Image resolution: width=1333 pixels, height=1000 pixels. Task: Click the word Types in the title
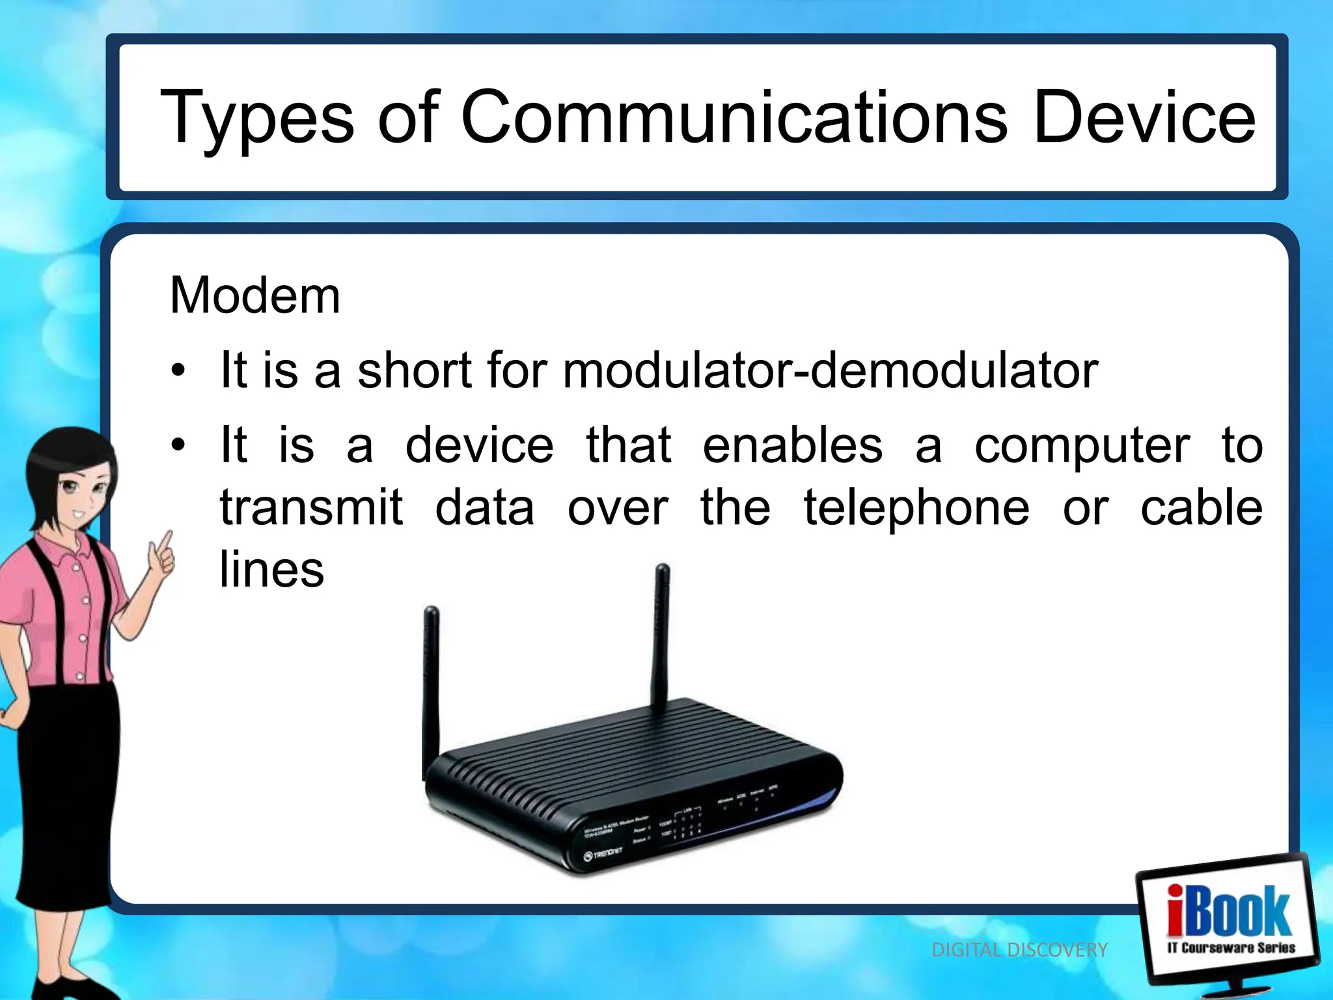256,118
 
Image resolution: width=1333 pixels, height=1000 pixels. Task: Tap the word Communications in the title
734,117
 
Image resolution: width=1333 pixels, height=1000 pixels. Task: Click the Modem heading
254,296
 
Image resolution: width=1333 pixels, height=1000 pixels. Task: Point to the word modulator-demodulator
831,370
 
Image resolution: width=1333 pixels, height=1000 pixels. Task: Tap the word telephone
916,508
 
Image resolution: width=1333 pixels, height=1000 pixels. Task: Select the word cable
1202,508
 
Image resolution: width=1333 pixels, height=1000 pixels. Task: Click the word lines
272,569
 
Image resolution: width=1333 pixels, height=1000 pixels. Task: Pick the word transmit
312,508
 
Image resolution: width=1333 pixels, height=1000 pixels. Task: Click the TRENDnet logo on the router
603,854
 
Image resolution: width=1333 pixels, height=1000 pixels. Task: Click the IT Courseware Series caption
1231,948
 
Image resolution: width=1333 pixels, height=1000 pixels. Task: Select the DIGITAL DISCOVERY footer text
1019,950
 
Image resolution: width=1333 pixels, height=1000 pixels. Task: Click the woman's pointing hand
161,557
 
